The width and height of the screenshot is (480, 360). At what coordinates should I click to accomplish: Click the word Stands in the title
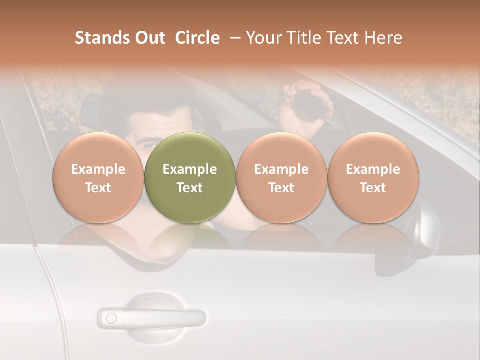click(99, 38)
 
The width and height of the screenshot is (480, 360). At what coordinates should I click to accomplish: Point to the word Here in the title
click(384, 38)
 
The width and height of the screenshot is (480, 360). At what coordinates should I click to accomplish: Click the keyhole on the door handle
click(111, 318)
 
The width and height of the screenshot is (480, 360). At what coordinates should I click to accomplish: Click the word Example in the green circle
click(190, 169)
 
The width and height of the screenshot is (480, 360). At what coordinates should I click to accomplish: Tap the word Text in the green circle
click(190, 188)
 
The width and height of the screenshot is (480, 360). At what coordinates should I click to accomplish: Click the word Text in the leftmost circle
click(98, 188)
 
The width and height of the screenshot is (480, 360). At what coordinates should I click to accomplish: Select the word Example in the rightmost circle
click(373, 169)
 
